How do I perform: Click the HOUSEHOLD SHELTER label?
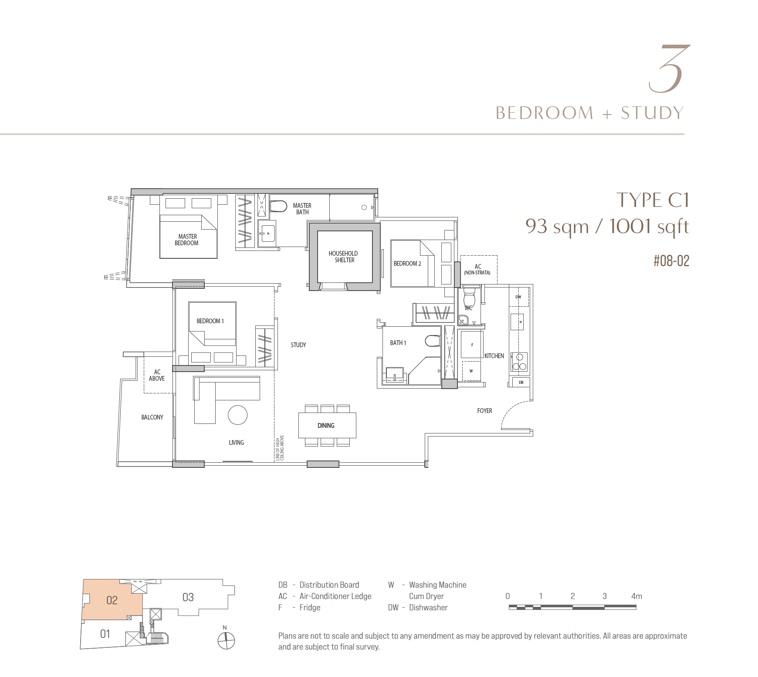point(344,257)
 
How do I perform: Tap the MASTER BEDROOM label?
point(187,240)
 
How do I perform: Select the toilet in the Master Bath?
point(278,206)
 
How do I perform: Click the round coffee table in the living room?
point(237,415)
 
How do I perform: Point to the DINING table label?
point(326,426)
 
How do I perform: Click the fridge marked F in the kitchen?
point(471,345)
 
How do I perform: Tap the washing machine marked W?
point(471,371)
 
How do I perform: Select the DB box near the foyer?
point(521,382)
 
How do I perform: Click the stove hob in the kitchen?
point(519,362)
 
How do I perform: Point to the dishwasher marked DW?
point(519,297)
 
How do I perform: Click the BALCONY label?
point(152,417)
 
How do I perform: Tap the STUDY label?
point(298,345)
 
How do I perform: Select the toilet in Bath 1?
point(433,341)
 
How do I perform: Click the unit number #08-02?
point(671,261)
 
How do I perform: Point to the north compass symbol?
point(226,640)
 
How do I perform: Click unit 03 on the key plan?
point(188,597)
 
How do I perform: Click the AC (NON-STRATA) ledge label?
point(477,270)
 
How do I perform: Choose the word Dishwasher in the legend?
point(428,608)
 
